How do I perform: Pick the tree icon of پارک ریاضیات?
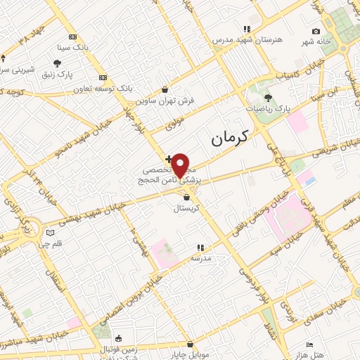point(268,98)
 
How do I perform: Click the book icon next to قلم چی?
point(49,233)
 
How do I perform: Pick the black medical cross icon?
point(167,158)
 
